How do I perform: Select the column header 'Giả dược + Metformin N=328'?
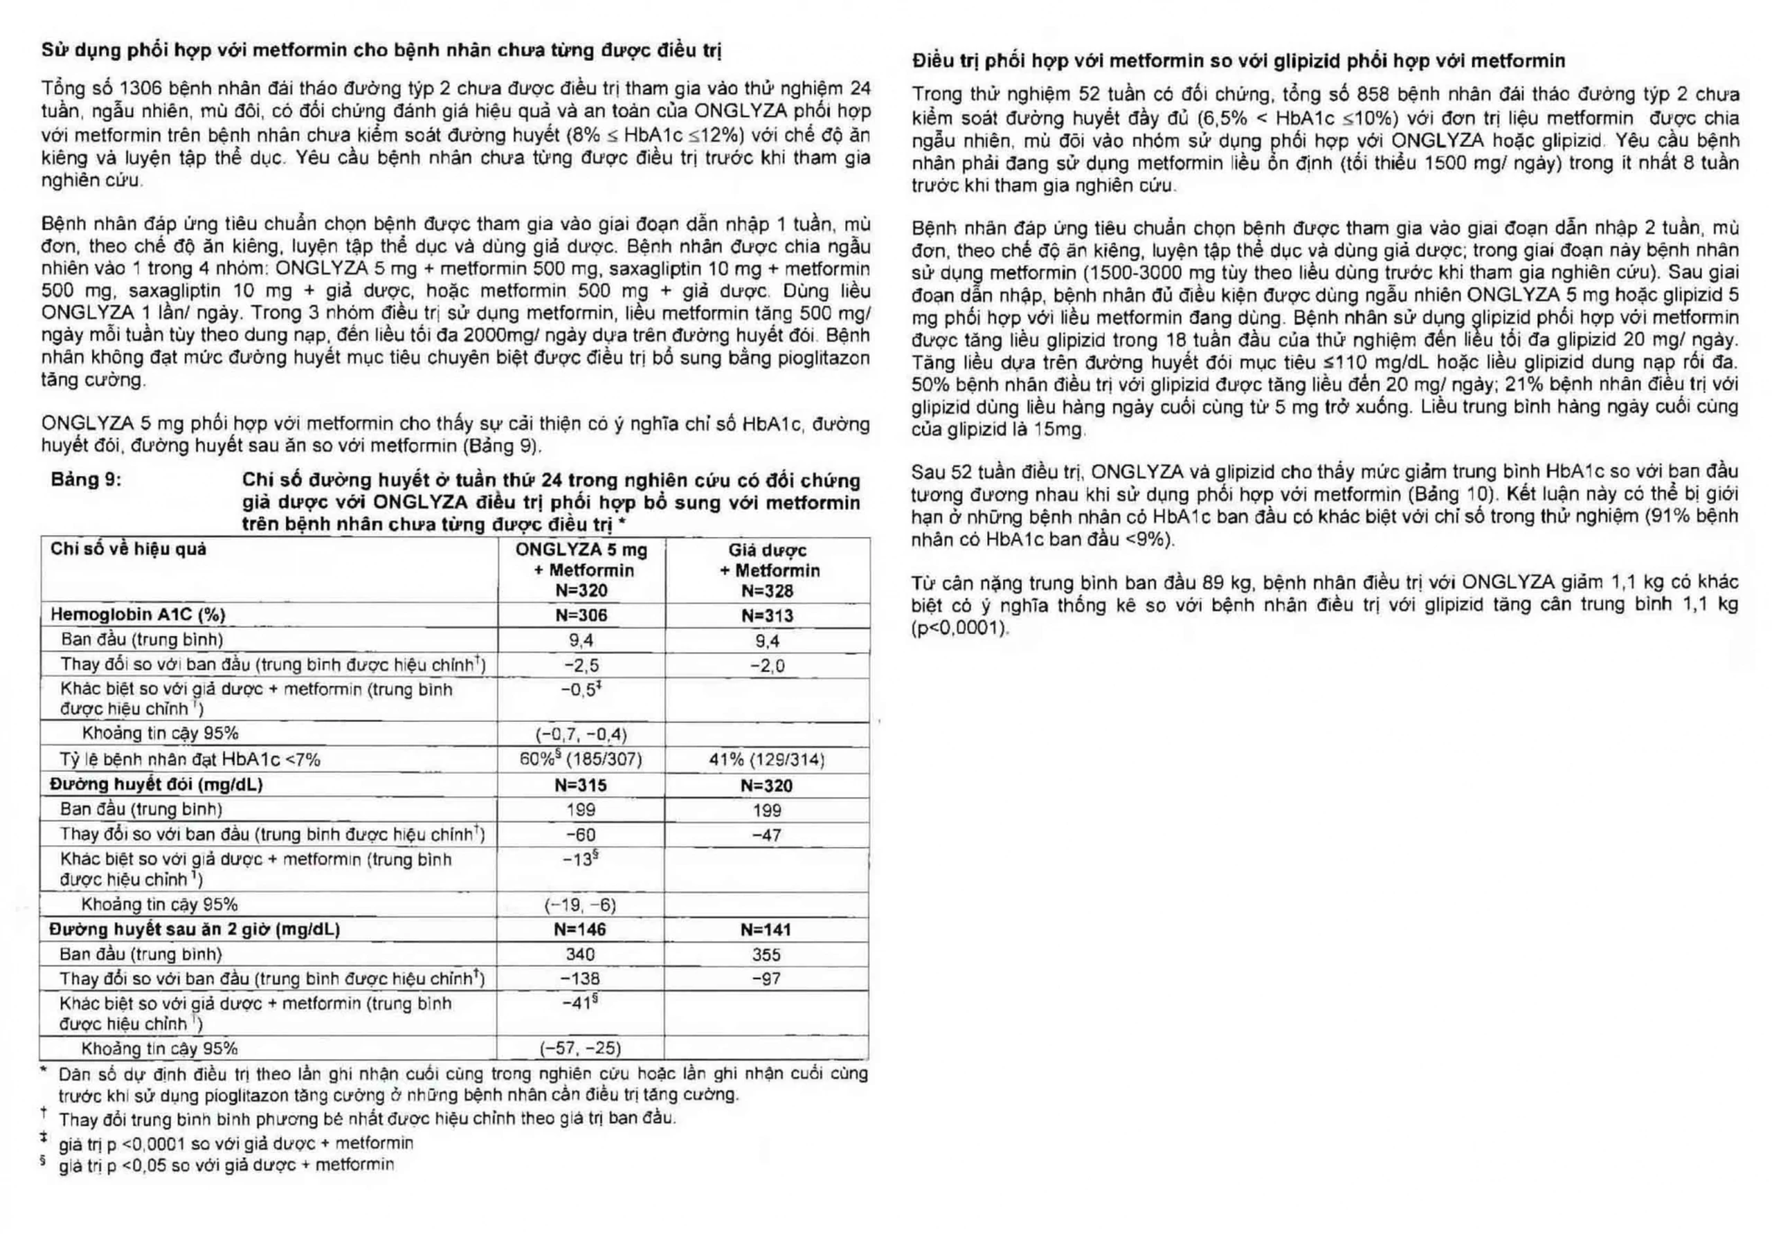pyautogui.click(x=768, y=570)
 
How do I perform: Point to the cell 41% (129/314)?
pyautogui.click(x=766, y=759)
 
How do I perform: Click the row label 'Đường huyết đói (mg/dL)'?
pyautogui.click(x=156, y=785)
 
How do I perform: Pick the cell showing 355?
pyautogui.click(x=766, y=954)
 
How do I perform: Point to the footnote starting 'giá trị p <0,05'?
pyautogui.click(x=226, y=1165)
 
